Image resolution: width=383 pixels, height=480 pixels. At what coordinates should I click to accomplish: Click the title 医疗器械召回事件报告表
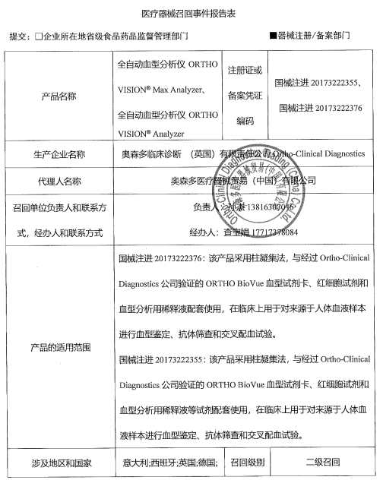[191, 14]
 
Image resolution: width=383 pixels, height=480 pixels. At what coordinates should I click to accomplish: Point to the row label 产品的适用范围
[59, 347]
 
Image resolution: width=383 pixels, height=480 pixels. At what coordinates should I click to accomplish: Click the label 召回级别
[247, 461]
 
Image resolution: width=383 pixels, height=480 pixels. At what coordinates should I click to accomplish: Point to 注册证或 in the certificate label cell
[245, 70]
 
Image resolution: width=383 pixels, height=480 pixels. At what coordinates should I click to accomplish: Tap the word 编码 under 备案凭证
[245, 120]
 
